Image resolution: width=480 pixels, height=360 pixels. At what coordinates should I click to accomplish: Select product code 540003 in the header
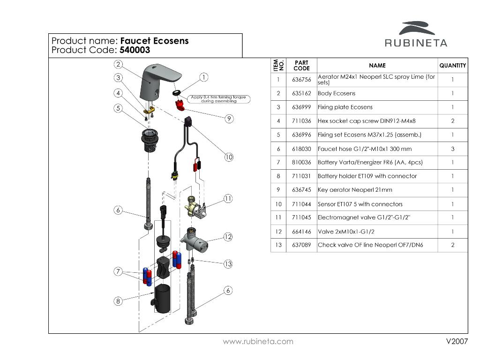pyautogui.click(x=135, y=50)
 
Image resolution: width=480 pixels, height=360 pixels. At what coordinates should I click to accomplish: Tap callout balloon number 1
pyautogui.click(x=204, y=77)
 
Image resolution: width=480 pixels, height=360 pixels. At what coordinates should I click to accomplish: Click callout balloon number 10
pyautogui.click(x=228, y=157)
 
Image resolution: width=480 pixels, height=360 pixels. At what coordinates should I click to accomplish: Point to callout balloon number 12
pyautogui.click(x=228, y=237)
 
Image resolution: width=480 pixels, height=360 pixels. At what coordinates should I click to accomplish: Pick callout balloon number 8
pyautogui.click(x=118, y=301)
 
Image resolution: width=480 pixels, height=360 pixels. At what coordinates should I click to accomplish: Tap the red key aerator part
pyautogui.click(x=180, y=105)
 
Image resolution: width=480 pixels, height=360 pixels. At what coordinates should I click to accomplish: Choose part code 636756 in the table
pyautogui.click(x=301, y=80)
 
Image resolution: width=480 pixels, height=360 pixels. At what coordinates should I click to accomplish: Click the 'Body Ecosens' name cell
pyautogui.click(x=337, y=93)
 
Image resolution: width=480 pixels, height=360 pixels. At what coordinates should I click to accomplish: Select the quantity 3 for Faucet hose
pyautogui.click(x=452, y=149)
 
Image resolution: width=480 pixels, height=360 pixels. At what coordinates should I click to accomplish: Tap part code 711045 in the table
pyautogui.click(x=301, y=217)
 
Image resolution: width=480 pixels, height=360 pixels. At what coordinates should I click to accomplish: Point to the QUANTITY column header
pyautogui.click(x=452, y=66)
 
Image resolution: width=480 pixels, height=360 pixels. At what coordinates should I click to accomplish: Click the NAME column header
pyautogui.click(x=377, y=66)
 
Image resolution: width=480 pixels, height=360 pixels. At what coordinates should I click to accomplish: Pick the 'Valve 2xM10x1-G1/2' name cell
pyautogui.click(x=346, y=232)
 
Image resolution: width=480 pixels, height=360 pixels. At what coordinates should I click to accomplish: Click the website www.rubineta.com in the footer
pyautogui.click(x=258, y=341)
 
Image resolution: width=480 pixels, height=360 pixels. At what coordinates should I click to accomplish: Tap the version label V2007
pyautogui.click(x=457, y=341)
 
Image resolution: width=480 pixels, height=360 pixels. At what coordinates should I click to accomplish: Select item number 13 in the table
pyautogui.click(x=278, y=245)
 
